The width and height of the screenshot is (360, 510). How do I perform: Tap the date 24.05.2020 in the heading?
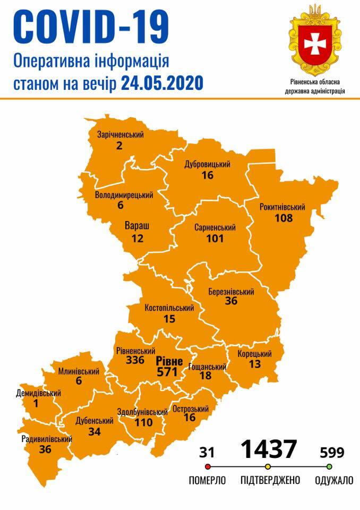tap(161, 83)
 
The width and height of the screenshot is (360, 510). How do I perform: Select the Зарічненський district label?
tap(121, 134)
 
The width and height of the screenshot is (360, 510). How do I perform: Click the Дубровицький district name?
tap(207, 164)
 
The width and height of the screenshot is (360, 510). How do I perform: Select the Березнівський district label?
tap(230, 292)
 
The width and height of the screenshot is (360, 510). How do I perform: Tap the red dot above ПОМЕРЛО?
tap(208, 467)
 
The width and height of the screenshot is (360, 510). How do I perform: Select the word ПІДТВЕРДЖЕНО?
tap(270, 480)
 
